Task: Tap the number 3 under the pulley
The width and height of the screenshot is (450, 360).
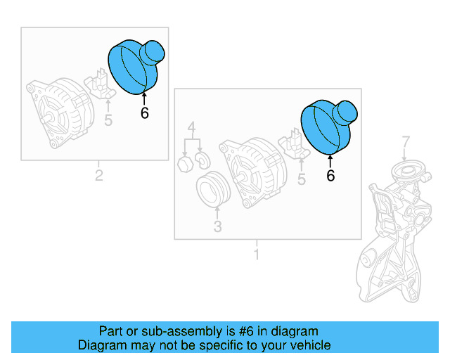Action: pyautogui.click(x=217, y=226)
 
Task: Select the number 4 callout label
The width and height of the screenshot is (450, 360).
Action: pyautogui.click(x=191, y=128)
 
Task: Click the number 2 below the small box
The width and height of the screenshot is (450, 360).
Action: pyautogui.click(x=98, y=176)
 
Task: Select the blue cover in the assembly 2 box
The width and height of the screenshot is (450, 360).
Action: pyautogui.click(x=136, y=65)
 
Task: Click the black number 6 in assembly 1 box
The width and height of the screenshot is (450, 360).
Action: pyautogui.click(x=330, y=176)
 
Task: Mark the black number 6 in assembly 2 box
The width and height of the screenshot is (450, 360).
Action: pyautogui.click(x=145, y=113)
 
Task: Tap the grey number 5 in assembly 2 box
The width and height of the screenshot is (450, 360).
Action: pyautogui.click(x=108, y=120)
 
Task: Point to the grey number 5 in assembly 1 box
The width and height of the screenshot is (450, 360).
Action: pyautogui.click(x=302, y=180)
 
